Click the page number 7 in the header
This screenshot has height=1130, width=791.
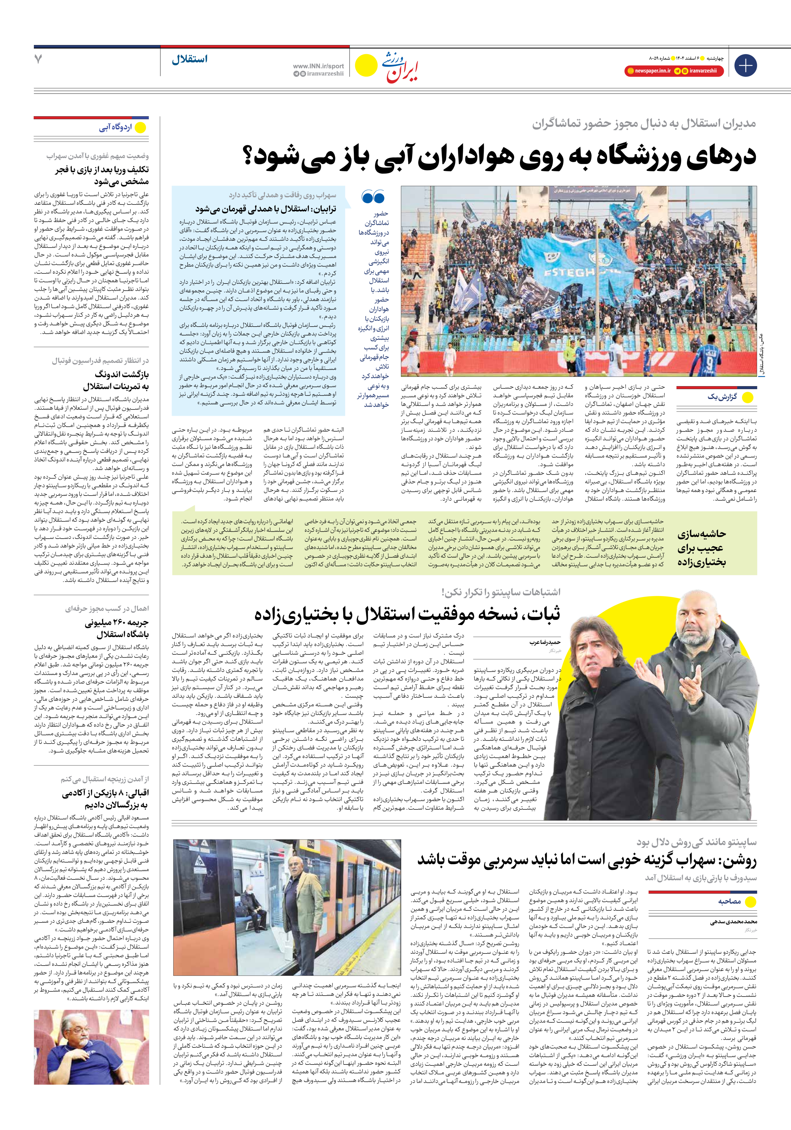pyautogui.click(x=38, y=59)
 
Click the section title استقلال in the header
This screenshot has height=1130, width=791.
pyautogui.click(x=190, y=59)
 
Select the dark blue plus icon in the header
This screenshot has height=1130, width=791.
pyautogui.click(x=745, y=66)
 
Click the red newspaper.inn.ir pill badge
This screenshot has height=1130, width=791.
pyautogui.click(x=649, y=71)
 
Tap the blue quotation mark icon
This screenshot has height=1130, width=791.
pyautogui.click(x=373, y=197)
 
